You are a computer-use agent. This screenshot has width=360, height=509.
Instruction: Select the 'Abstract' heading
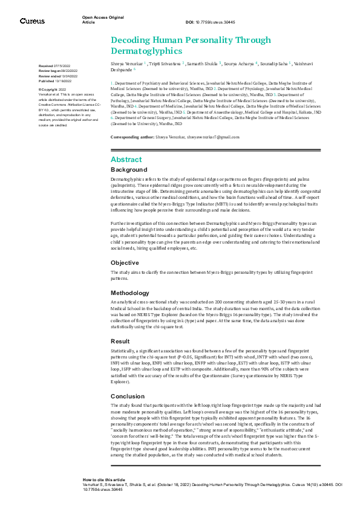point(126,159)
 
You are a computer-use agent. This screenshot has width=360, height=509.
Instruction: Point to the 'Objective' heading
point(125,263)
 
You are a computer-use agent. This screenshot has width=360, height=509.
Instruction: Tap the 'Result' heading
point(120,341)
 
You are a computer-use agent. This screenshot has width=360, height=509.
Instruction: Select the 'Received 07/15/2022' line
point(54,65)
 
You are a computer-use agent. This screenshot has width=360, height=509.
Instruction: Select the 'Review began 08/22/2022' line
point(58,70)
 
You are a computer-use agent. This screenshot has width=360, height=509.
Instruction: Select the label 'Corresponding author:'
point(133,138)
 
